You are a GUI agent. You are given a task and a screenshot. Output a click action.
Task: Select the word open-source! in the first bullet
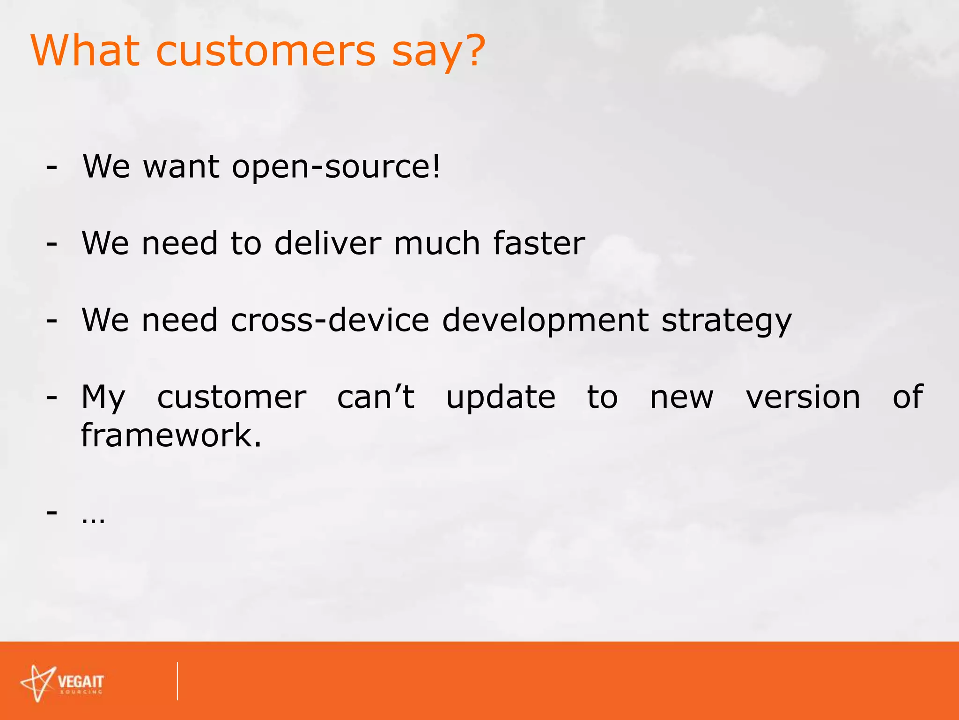[336, 167]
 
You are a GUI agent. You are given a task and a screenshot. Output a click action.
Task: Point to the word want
[181, 167]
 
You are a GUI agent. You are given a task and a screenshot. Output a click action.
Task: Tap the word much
[437, 243]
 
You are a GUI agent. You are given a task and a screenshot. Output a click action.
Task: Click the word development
[545, 321]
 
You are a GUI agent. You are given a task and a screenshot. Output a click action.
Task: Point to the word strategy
[726, 321]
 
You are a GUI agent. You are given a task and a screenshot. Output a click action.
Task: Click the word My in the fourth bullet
[103, 398]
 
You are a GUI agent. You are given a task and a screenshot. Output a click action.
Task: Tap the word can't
[376, 397]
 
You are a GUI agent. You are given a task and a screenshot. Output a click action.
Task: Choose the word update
[501, 398]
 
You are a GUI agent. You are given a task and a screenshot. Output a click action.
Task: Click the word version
[803, 397]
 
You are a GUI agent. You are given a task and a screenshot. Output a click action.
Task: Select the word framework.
[171, 435]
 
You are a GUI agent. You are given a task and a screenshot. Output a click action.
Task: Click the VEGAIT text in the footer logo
[81, 681]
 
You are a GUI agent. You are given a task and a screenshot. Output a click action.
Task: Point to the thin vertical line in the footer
[177, 681]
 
